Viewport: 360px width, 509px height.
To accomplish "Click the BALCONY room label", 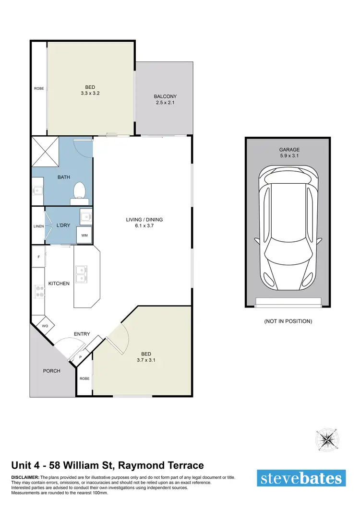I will click(164, 96).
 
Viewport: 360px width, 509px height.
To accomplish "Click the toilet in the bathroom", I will click(79, 190).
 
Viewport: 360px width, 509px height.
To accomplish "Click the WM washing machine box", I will click(84, 235).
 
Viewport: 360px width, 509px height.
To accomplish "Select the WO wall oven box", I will click(45, 326).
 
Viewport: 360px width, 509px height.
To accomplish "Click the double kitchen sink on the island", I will click(82, 273).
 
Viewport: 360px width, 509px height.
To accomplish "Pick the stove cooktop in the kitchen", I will click(38, 291).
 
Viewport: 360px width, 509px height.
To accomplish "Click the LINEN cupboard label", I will click(38, 226).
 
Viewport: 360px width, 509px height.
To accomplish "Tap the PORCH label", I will click(52, 371).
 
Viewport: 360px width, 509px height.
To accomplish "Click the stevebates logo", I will click(301, 478).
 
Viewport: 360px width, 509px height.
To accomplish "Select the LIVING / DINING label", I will click(144, 220).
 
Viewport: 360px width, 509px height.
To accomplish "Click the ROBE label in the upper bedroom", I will click(39, 88).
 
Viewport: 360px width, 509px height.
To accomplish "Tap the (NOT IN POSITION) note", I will click(288, 321).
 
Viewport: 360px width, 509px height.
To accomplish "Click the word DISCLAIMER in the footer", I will click(25, 478).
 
